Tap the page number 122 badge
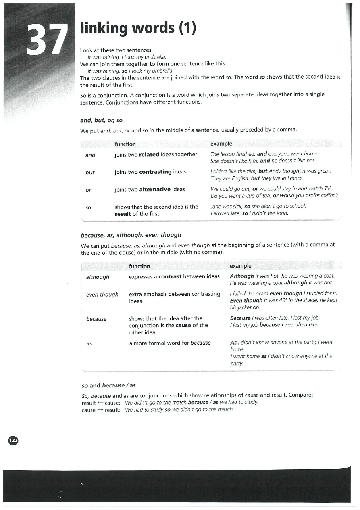tap(13, 440)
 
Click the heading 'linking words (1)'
tap(138, 29)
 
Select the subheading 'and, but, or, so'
tap(102, 120)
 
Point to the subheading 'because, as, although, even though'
tap(131, 235)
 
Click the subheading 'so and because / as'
tap(108, 385)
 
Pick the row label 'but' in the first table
tap(90, 172)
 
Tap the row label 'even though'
tap(102, 295)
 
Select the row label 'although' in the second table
tap(98, 277)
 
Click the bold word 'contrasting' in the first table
tap(155, 172)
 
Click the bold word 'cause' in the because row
tap(183, 326)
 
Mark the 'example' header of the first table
tap(221, 144)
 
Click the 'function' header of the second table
tap(139, 266)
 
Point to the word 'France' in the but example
tap(293, 178)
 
